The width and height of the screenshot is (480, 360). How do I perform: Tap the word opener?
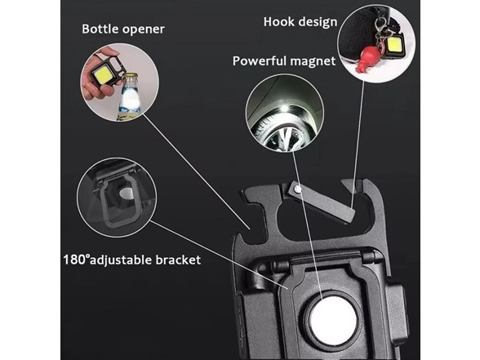coord(143,29)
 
